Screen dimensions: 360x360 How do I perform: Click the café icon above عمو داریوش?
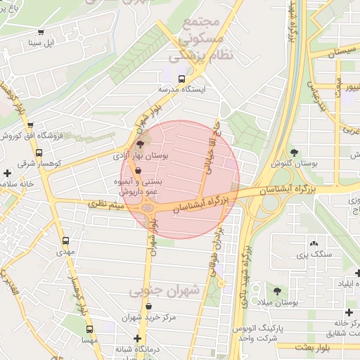click(137, 170)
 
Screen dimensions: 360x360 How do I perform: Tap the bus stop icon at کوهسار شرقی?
click(39, 151)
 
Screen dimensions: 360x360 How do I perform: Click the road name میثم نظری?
click(105, 204)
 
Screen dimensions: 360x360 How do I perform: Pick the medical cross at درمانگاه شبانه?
click(138, 339)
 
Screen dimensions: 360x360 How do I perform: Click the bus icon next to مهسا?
click(89, 328)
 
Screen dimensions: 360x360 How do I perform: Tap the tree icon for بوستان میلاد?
click(278, 290)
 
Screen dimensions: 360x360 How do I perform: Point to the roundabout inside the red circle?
click(147, 207)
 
